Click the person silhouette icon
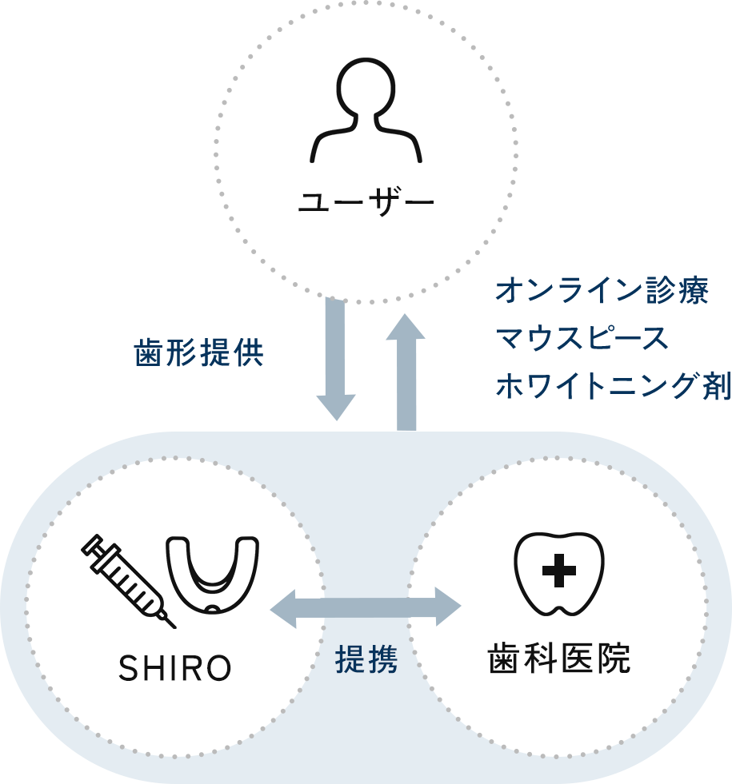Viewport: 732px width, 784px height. [366, 110]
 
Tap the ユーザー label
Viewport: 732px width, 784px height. [366, 202]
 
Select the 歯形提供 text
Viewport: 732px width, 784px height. [198, 353]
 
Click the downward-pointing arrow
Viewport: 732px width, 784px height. [336, 359]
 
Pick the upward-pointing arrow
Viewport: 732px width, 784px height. [406, 372]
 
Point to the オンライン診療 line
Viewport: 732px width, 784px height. [602, 290]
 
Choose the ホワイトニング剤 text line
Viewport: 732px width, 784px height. [614, 385]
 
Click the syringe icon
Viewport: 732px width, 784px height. [129, 581]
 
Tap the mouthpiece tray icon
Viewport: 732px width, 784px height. [213, 575]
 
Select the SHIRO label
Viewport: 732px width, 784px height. [175, 668]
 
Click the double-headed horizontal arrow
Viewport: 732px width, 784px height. [366, 607]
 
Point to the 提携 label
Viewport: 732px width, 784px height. [366, 659]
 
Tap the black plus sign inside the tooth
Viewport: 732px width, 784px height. [559, 571]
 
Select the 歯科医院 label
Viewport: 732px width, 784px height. [559, 659]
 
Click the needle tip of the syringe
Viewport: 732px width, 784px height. [175, 627]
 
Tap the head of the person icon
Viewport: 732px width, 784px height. [366, 87]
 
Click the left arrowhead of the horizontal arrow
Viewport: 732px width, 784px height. [283, 608]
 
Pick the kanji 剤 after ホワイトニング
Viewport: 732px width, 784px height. [717, 385]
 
